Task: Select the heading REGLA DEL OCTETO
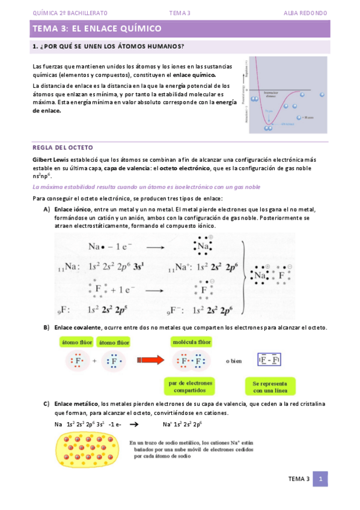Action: tap(62, 147)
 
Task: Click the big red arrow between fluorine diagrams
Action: tap(151, 361)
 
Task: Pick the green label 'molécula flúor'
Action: tap(192, 342)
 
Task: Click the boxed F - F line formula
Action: tap(269, 360)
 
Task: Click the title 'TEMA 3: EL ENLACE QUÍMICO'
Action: tap(96, 28)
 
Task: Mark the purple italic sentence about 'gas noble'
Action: tap(146, 187)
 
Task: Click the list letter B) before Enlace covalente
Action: tap(46, 327)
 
